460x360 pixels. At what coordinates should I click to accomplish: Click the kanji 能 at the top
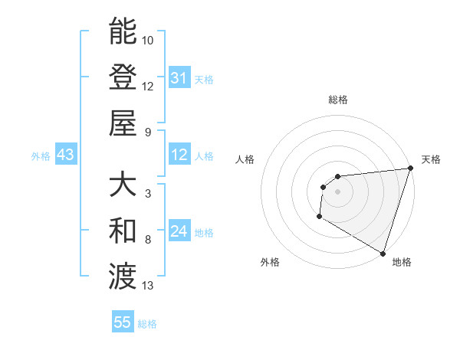(x=123, y=31)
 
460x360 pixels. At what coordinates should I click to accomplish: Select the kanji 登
(x=123, y=77)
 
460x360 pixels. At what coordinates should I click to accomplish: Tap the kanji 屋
(x=123, y=123)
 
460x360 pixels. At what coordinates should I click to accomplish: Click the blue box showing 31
(x=179, y=78)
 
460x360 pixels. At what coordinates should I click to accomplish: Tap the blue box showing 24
(x=179, y=232)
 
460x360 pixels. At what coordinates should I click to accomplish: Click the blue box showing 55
(x=123, y=322)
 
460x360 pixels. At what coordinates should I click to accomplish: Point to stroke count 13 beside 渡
(x=148, y=286)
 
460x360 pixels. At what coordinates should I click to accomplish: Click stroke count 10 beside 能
(x=148, y=40)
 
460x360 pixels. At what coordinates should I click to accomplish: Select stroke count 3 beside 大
(x=147, y=194)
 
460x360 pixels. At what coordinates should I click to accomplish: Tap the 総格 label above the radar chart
(x=337, y=100)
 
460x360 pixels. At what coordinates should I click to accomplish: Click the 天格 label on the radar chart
(x=431, y=159)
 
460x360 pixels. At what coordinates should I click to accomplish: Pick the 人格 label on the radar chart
(x=245, y=159)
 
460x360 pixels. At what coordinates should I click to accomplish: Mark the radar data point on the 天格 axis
(x=410, y=169)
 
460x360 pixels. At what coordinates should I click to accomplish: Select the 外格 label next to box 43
(x=40, y=156)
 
